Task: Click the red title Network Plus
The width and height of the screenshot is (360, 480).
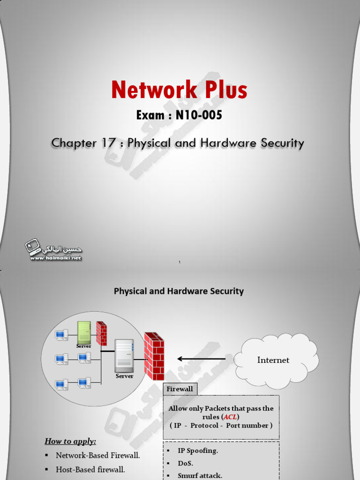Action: pos(179,90)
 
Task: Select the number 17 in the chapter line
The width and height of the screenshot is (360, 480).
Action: pos(108,143)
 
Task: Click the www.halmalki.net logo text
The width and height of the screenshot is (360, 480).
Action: pos(56,258)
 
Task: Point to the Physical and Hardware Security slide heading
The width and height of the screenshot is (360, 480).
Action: pos(179,291)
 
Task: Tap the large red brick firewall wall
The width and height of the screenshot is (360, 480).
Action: pos(154,356)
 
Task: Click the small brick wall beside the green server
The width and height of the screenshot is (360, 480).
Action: pos(101,333)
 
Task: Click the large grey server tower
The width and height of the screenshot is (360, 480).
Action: pos(124,355)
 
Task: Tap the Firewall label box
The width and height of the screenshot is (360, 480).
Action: pos(180,389)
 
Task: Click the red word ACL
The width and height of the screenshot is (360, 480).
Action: pos(230,417)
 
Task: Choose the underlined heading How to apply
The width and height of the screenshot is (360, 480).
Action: pos(70,441)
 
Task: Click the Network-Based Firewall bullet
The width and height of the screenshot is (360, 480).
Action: pos(97,455)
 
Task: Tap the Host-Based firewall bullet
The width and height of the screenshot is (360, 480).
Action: pos(90,469)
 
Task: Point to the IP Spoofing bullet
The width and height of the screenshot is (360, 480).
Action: pos(197,450)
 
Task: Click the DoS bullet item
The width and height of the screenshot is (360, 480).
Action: pos(185,463)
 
